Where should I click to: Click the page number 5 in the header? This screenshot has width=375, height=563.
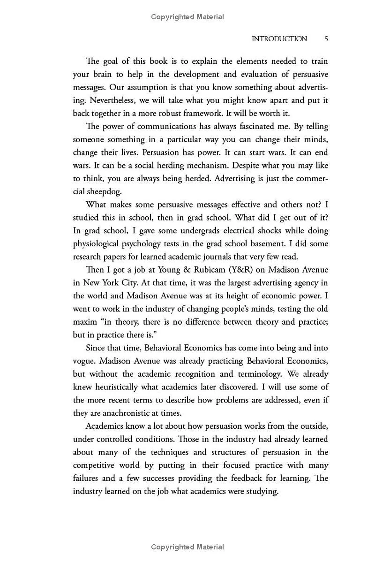(x=326, y=39)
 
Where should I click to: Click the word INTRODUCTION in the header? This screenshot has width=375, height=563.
(x=279, y=39)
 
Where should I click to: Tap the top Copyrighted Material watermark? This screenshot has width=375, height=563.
(x=187, y=17)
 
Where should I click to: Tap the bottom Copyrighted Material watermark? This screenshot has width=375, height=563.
(x=187, y=547)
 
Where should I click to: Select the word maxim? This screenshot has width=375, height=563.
(x=85, y=322)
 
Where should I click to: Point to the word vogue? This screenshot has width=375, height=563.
(x=84, y=361)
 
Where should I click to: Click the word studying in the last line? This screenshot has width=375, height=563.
(x=262, y=492)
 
